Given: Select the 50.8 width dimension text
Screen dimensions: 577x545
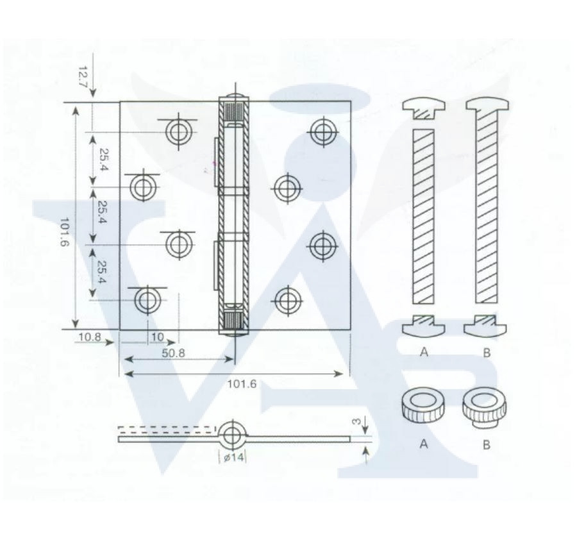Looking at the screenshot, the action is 173,353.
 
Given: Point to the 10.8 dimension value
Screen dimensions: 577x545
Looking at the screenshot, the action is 90,337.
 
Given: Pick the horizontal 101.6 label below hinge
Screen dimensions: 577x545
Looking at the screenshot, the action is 242,384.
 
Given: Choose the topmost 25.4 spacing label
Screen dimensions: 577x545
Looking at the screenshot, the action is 104,160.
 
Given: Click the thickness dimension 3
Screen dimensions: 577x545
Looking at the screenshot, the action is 356,421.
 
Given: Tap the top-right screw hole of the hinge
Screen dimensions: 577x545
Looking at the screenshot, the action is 324,131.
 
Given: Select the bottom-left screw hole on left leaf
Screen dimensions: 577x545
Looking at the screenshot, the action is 147,300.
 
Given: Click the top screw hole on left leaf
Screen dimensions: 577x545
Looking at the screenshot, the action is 179,131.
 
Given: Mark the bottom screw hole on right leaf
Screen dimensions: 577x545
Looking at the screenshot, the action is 288,300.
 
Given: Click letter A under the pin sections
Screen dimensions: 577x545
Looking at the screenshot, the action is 424,352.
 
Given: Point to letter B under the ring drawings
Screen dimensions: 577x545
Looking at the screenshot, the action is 487,445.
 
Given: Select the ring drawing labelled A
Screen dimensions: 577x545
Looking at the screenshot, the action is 423,404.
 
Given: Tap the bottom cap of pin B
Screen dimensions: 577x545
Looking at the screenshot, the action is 485,326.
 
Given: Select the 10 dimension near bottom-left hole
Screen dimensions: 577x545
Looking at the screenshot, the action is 158,337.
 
